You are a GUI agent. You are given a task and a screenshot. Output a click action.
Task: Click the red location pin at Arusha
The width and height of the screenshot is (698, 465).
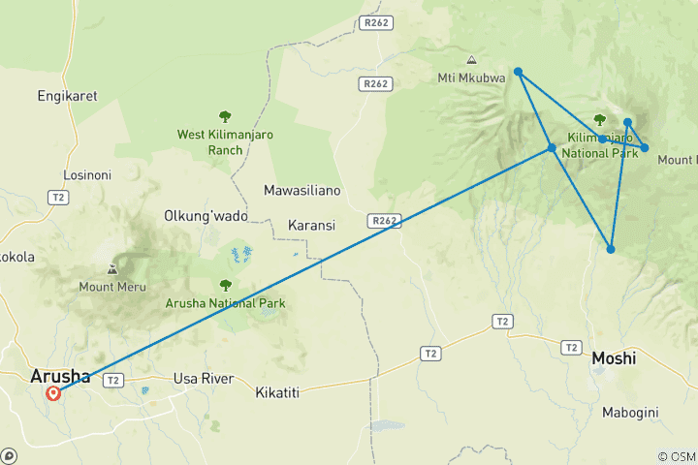pos(53,393)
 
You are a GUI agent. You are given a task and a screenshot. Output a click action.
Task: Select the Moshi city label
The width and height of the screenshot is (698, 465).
pos(614,358)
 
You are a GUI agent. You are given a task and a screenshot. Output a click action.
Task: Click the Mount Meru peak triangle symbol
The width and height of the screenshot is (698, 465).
pos(113,269)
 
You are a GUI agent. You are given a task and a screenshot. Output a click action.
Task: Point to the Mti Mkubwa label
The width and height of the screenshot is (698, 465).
pos(471,78)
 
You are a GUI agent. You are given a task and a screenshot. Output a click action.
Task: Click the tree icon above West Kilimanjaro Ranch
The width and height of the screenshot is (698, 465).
pos(225,116)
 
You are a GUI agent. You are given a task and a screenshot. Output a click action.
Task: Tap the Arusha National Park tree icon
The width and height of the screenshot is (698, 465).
pos(225,286)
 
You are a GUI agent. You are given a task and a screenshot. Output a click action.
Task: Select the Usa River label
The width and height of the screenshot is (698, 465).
pos(203,379)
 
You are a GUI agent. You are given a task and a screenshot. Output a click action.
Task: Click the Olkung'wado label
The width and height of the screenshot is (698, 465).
pos(206,215)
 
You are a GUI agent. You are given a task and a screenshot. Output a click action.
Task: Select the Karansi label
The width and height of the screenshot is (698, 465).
pos(311,226)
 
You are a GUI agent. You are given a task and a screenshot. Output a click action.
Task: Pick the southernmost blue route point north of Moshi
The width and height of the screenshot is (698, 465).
pos(611,249)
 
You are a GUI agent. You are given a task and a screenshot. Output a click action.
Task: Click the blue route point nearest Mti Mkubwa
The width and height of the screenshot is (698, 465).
pos(519,72)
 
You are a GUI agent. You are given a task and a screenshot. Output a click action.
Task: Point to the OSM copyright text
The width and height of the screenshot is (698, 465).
pos(676,456)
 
